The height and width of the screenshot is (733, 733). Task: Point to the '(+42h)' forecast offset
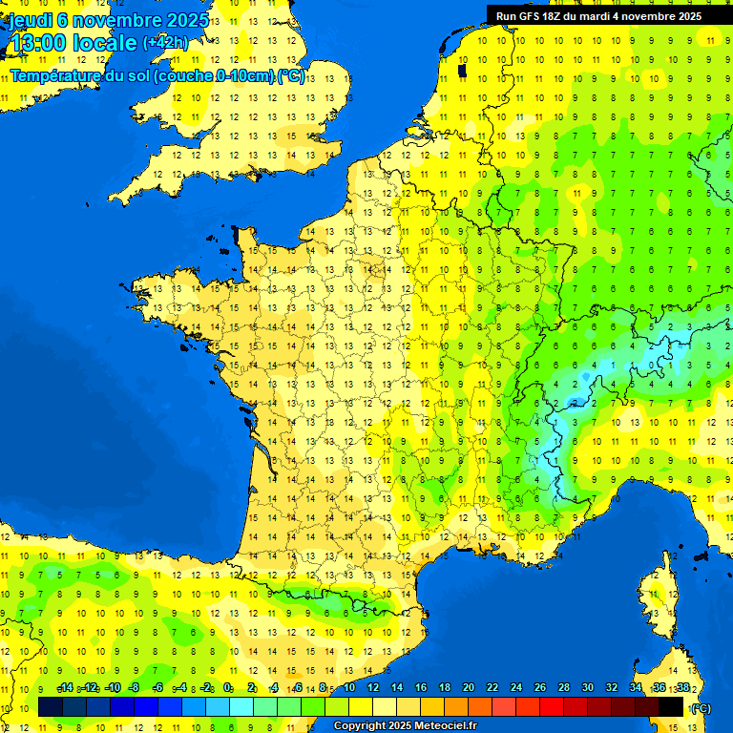pos(165,43)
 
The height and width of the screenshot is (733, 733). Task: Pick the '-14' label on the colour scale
pos(65,688)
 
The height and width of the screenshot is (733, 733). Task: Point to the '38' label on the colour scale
pos(682,688)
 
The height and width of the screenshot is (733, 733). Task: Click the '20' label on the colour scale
pos(469,688)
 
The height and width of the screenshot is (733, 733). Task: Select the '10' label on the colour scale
pos(349,688)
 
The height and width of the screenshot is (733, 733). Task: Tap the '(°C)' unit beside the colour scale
pos(702,708)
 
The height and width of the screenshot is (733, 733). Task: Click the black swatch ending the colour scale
pos(672,707)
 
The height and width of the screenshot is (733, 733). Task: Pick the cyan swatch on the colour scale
pos(241,707)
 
